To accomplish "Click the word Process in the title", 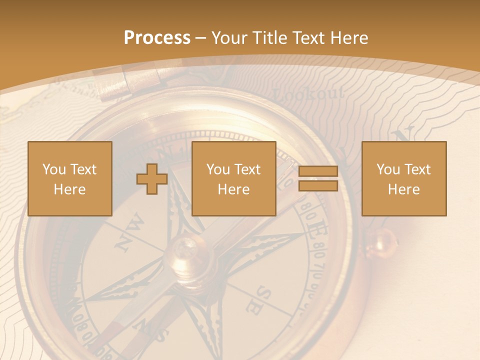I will pos(157,38).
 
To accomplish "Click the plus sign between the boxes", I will pos(152,179).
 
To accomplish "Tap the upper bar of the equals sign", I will pos(318,171).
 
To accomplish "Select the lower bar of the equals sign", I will pos(318,186).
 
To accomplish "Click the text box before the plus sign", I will pos(69,178).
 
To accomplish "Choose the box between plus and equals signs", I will pos(233,178).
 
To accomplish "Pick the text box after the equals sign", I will pos(403,178).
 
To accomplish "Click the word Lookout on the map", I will pos(309,93).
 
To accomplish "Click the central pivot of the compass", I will pos(186,252).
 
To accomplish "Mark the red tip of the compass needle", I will pos(112,332).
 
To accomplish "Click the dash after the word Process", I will pos(201,38).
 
